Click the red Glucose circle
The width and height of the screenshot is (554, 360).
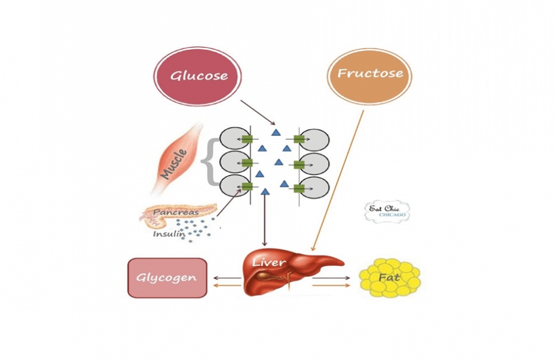pyautogui.click(x=197, y=76)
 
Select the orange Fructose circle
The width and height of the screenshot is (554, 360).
pyautogui.click(x=369, y=74)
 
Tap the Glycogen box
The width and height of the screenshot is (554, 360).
pyautogui.click(x=167, y=278)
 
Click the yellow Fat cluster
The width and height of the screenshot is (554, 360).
pyautogui.click(x=389, y=278)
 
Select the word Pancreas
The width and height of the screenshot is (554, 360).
pyautogui.click(x=175, y=212)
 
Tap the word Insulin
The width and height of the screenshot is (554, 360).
pyautogui.click(x=168, y=234)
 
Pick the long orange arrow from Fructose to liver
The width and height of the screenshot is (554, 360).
pyautogui.click(x=339, y=178)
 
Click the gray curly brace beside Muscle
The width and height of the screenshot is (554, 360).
pyautogui.click(x=209, y=161)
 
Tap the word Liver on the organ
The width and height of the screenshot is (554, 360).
pyautogui.click(x=269, y=263)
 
